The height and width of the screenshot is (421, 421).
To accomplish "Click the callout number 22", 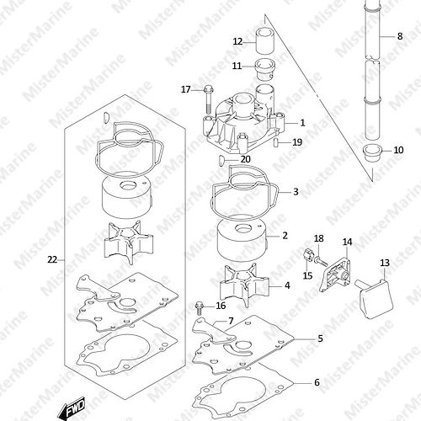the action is coord(52,260).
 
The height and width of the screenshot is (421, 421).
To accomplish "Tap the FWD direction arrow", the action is coord(72,408).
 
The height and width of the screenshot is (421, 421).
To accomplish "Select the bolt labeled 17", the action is coord(208,99).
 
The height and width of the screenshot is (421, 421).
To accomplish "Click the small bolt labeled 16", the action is coord(200,308).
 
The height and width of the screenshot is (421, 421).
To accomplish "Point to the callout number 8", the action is coord(400,36).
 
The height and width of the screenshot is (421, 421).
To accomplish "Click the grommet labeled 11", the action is coord(265,70).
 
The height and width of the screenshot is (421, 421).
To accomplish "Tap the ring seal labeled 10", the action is coord(372,152).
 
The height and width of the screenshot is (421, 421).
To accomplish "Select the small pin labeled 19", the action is coord(275,142).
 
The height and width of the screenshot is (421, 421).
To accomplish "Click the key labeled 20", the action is coord(221,161).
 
